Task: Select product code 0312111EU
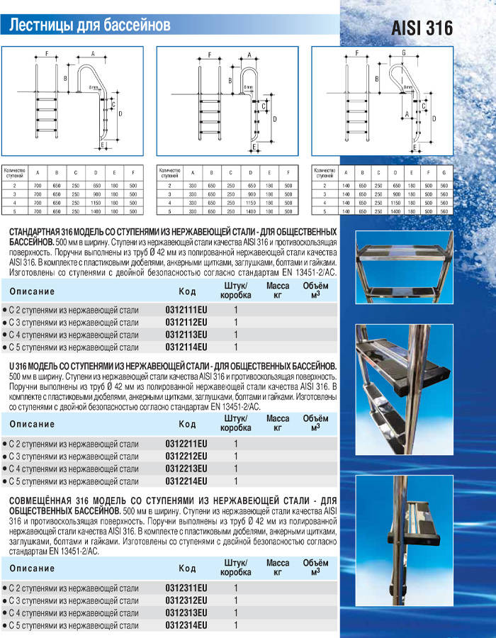point(186,310)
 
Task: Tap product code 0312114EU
point(186,347)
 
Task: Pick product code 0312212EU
point(186,456)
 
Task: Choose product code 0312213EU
point(186,469)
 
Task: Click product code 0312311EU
point(186,588)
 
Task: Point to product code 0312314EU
point(186,625)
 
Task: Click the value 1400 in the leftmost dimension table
point(94,211)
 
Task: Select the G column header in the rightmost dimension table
point(444,172)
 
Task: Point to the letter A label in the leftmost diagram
point(93,53)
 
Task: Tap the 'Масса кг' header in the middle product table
point(277,424)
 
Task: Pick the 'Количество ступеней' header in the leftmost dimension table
point(16,172)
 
